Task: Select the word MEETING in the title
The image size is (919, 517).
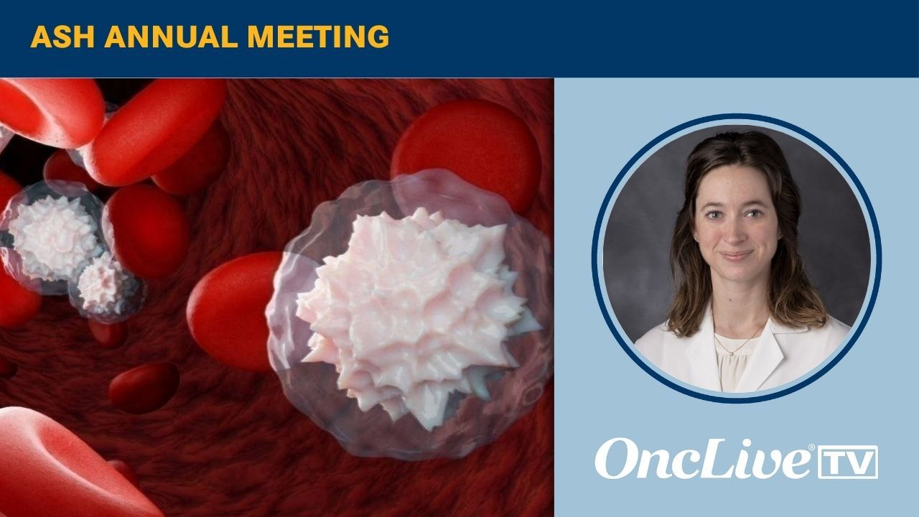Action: point(318,37)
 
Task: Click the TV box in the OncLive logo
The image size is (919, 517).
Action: point(848,462)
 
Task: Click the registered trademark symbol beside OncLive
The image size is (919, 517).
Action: point(811,447)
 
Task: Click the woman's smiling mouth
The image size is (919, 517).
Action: point(737,255)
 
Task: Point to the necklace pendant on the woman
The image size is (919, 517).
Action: point(732,353)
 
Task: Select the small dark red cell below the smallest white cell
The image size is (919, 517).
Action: point(108,332)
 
